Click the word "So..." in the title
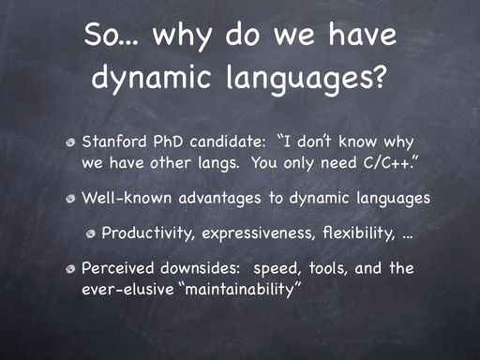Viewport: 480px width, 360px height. pos(111,35)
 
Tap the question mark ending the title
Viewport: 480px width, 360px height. pos(379,77)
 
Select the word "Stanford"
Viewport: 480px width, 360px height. pos(114,142)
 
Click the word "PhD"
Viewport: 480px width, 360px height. pos(168,142)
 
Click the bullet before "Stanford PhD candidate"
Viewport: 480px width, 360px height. pos(70,142)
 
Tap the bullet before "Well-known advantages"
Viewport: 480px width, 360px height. pos(70,199)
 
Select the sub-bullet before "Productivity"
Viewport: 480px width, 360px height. pos(91,233)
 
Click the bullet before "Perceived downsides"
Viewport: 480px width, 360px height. pos(70,269)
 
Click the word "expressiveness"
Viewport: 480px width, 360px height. pos(259,233)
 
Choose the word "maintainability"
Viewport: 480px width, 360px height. pos(239,289)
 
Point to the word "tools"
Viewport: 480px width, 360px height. pos(328,268)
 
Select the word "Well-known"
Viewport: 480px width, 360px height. pos(127,198)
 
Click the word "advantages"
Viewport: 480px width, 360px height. pos(219,199)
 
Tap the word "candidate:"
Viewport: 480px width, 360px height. pos(228,142)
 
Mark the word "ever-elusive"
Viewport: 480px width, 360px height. pos(127,289)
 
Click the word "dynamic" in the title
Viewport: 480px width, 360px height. pos(151,78)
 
